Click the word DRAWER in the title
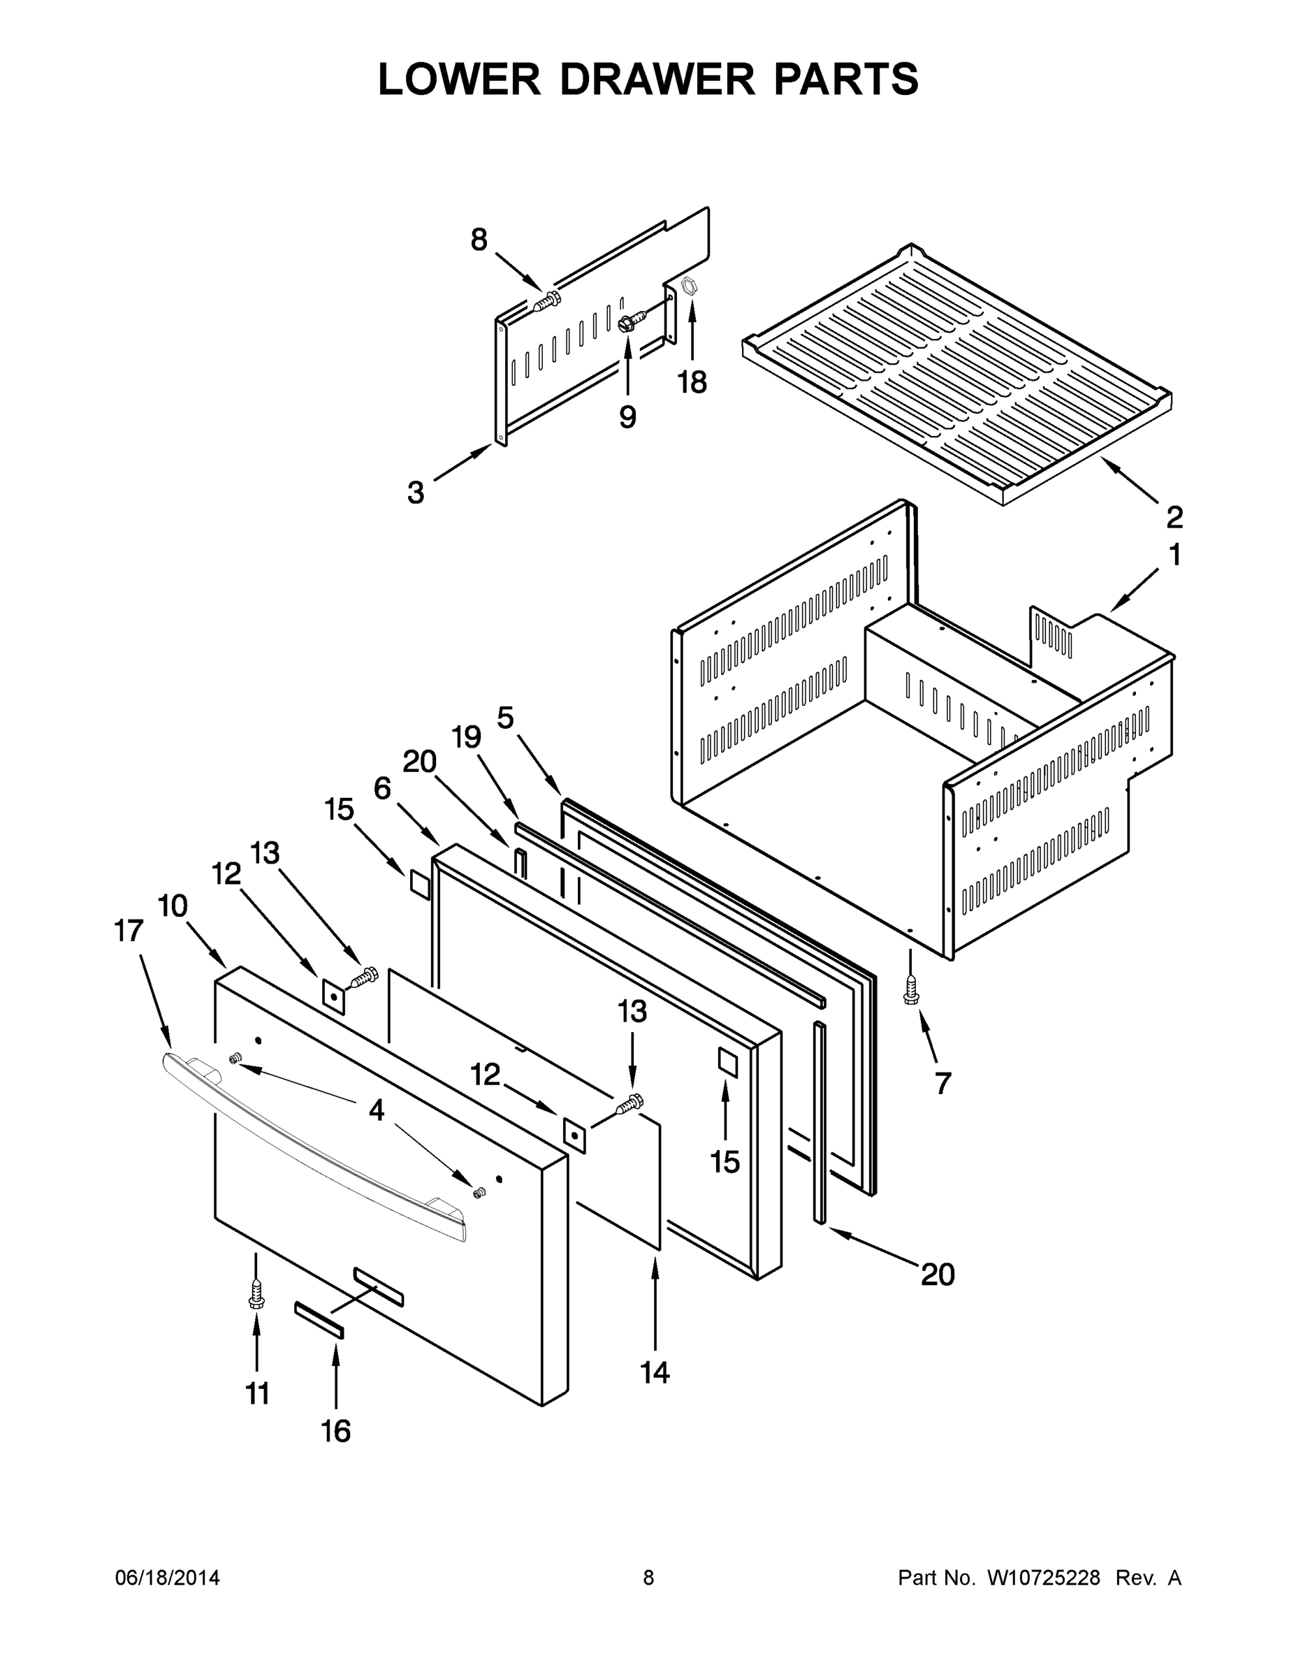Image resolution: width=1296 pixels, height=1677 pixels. click(x=657, y=79)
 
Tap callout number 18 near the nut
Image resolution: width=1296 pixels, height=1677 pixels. click(x=692, y=382)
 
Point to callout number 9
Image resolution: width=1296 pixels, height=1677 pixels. click(x=627, y=417)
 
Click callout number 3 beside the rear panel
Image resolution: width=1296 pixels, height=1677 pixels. click(x=416, y=492)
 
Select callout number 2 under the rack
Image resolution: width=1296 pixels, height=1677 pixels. click(x=1174, y=518)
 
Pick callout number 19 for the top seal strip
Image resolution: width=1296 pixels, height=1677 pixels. click(x=466, y=737)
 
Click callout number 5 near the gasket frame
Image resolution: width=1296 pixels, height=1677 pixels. click(x=505, y=718)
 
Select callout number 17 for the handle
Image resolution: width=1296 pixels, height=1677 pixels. click(x=129, y=931)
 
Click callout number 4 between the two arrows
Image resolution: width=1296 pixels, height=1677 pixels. click(x=376, y=1110)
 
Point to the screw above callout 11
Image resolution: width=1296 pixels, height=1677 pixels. click(x=256, y=1295)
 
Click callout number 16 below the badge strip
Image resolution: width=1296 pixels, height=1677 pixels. click(x=335, y=1430)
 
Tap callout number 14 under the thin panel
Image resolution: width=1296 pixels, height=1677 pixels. click(x=654, y=1372)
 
